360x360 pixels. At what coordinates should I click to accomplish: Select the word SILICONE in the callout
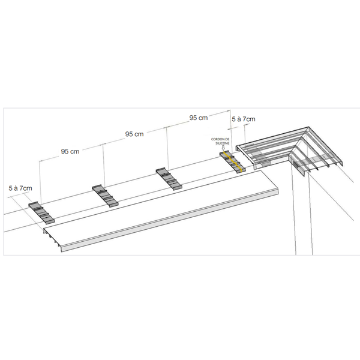pos(223,143)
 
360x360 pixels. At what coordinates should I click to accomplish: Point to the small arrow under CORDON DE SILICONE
pos(223,148)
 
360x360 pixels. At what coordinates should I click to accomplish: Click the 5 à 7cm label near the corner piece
pos(244,119)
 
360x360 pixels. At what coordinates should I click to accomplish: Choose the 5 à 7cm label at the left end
pos(20,188)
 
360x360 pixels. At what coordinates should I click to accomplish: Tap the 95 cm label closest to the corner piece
pos(199,118)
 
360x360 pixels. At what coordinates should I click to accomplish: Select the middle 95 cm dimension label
pos(134,134)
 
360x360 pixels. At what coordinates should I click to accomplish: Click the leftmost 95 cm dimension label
pos(70,152)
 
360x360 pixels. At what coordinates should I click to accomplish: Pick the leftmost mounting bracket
pos(41,212)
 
